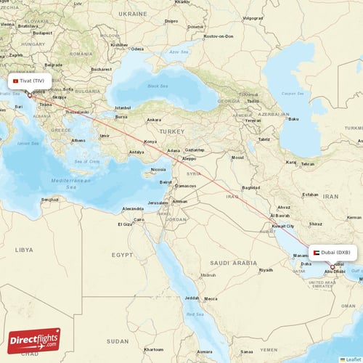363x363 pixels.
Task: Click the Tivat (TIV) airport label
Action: pos(30,81)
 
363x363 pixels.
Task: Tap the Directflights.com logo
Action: pos(35,339)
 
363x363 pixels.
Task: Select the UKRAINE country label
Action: pos(133,13)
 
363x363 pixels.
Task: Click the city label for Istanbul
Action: pos(123,108)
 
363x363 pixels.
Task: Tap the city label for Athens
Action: pos(78,141)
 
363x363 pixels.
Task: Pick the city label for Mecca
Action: pos(211,298)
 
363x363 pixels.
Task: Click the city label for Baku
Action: pos(293,119)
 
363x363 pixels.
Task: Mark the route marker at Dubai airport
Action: pos(333,267)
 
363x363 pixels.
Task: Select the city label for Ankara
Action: pos(154,120)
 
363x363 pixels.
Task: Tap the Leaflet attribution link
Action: pos(351,359)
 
